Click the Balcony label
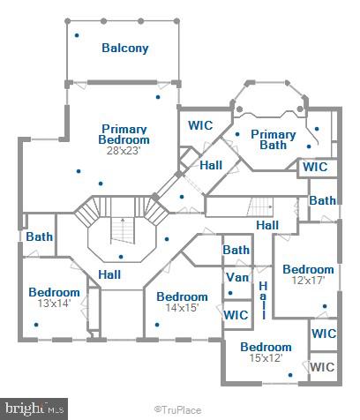(x=125, y=49)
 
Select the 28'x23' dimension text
(x=124, y=151)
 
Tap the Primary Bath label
(x=274, y=139)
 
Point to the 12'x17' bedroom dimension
(x=308, y=280)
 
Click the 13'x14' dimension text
(x=54, y=303)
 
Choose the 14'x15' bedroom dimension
(x=182, y=308)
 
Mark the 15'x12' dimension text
(x=266, y=358)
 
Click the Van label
(x=237, y=277)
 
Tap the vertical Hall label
(x=263, y=300)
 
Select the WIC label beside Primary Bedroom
(x=200, y=125)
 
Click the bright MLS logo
(x=34, y=409)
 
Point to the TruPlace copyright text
(x=178, y=410)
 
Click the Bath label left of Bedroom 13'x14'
(x=40, y=236)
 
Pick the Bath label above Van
(x=236, y=250)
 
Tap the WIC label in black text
(x=322, y=367)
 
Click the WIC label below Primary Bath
(x=315, y=167)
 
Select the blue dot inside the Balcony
(x=77, y=35)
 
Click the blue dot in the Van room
(x=230, y=293)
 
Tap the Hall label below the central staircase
(x=109, y=274)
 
